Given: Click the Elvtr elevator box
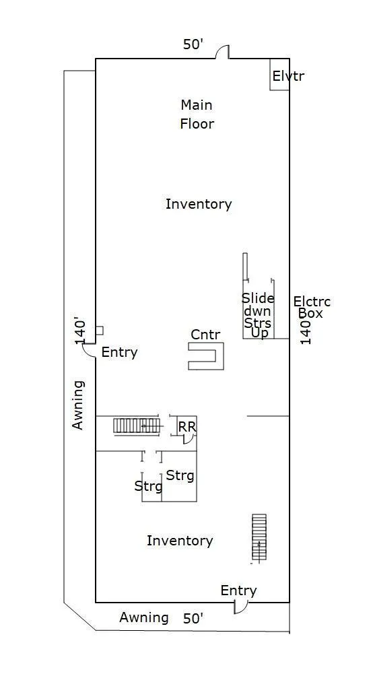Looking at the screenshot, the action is coord(279,74).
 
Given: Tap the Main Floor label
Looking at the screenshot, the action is coord(197,114).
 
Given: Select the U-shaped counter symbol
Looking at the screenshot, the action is coord(206,356).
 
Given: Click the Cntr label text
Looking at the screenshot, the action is coord(205,334).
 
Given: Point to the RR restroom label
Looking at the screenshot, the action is coord(187,427).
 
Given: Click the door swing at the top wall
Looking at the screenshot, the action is coord(223,51).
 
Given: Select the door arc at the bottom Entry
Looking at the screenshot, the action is coord(240,607).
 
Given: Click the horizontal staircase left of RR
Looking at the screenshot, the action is coord(136,426).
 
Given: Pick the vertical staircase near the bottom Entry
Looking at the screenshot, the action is coord(259,537).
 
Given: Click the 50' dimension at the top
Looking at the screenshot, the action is coord(193,44).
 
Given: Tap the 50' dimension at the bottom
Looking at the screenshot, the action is coord(193,619).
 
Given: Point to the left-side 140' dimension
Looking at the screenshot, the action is coord(81,332).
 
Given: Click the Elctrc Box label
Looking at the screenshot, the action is coord(312,307).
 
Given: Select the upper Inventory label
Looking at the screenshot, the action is coord(199,203).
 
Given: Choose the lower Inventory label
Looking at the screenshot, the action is coord(180,541).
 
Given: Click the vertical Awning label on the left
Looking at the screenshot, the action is coord(78,405).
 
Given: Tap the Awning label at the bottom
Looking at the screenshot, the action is coord(144,617).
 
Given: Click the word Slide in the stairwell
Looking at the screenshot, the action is coord(258,298).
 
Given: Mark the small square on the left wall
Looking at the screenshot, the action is coord(100,331).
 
